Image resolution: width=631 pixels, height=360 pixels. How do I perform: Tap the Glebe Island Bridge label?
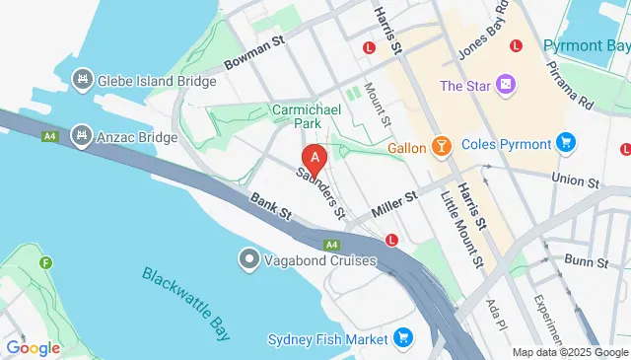[156, 81]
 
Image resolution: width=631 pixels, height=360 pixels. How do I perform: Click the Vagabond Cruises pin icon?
[248, 259]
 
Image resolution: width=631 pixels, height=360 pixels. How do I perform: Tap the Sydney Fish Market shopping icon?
[401, 339]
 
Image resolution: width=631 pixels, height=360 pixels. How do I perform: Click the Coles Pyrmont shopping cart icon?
[565, 143]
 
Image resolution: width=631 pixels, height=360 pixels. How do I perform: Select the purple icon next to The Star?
[506, 86]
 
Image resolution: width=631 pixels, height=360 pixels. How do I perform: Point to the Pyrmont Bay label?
[588, 46]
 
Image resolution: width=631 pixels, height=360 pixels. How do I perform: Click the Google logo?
[33, 347]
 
